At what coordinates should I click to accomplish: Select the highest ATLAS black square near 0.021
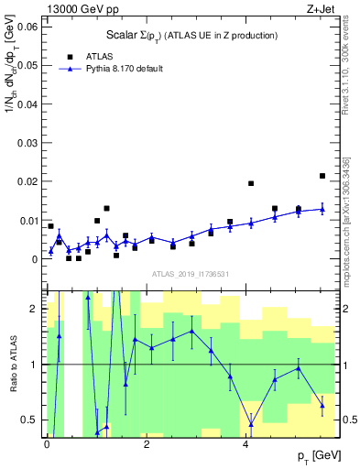(322, 176)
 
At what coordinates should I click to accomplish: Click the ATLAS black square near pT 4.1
(251, 183)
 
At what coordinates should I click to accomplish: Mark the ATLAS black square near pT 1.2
(107, 209)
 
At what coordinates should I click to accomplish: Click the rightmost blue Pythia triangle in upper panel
(322, 209)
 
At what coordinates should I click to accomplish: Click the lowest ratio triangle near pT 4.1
(251, 424)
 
